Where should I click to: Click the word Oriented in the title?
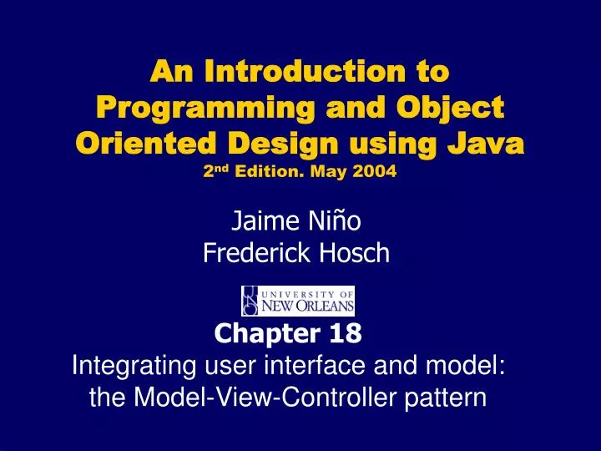click(142, 144)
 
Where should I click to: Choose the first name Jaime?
click(260, 221)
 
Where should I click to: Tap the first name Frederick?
click(258, 251)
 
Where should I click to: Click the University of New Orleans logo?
click(298, 301)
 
